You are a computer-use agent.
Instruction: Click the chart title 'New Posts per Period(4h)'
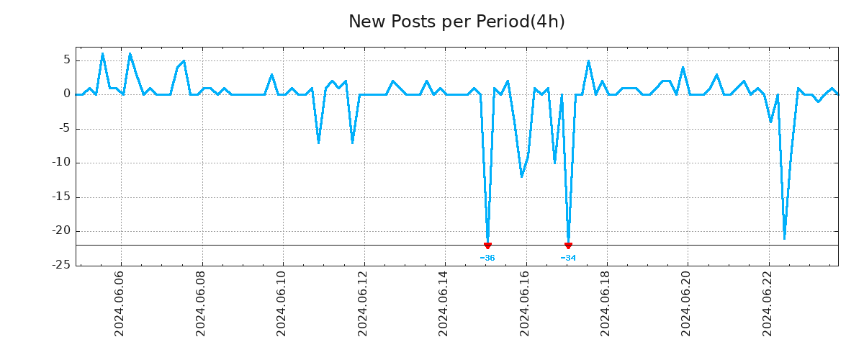pyautogui.click(x=456, y=22)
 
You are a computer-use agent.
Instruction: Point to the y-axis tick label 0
pyautogui.click(x=66, y=94)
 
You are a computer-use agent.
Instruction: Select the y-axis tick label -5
pyautogui.click(x=63, y=129)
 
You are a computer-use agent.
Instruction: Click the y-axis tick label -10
pyautogui.click(x=60, y=163)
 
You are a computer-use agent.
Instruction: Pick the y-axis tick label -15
pyautogui.click(x=60, y=197)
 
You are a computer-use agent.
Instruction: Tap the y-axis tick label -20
pyautogui.click(x=60, y=231)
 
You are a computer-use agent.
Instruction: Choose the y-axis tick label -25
pyautogui.click(x=60, y=266)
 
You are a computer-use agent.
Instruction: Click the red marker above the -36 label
pyautogui.click(x=487, y=246)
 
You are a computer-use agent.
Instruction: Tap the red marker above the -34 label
pyautogui.click(x=568, y=246)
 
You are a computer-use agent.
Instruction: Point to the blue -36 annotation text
pyautogui.click(x=487, y=258)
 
